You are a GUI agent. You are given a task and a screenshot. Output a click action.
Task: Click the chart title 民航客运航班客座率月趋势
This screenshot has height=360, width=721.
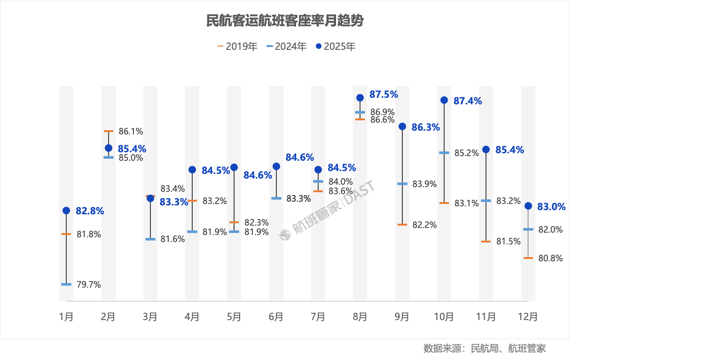click(285, 21)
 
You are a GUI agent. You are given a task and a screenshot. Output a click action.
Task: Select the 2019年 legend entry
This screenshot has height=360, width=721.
click(237, 47)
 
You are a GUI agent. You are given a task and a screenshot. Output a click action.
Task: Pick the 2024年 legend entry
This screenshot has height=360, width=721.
click(286, 47)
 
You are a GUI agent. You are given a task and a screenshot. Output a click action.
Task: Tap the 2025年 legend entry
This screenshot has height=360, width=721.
click(336, 47)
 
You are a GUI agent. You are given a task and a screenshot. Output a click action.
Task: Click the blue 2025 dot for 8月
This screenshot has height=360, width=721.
click(360, 98)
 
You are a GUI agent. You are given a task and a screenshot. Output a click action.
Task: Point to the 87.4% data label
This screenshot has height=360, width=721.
click(467, 101)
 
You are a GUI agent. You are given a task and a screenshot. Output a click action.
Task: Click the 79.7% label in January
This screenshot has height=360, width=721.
click(89, 284)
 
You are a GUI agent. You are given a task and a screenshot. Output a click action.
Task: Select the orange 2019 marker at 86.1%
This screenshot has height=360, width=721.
click(109, 131)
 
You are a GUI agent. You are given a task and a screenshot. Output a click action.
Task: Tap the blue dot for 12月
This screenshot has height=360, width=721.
click(528, 206)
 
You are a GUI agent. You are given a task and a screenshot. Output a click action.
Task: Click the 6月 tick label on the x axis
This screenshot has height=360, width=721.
click(276, 317)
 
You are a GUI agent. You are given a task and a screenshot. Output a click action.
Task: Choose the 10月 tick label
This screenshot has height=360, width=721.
click(444, 317)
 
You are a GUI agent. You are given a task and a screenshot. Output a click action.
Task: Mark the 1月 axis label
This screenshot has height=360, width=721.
click(66, 317)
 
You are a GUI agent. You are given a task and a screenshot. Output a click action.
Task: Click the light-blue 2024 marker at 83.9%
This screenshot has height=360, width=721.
click(402, 184)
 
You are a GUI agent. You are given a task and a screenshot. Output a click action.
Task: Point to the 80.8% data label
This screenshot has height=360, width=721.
click(550, 258)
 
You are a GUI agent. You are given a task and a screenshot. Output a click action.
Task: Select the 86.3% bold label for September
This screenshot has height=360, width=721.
click(425, 127)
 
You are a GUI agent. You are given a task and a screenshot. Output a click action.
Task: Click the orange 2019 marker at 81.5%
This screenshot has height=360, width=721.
click(486, 242)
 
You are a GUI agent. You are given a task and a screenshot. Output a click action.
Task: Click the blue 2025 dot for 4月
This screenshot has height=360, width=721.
click(192, 170)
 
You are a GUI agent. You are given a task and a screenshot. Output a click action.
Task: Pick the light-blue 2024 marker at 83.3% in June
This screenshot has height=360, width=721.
click(276, 198)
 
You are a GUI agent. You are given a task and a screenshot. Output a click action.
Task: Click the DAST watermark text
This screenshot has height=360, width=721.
click(359, 193)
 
